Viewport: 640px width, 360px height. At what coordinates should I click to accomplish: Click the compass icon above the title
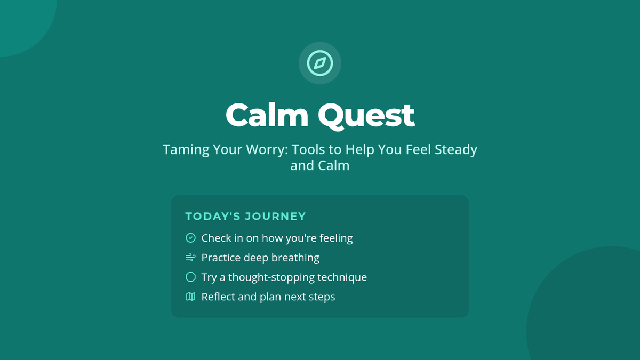click(x=320, y=63)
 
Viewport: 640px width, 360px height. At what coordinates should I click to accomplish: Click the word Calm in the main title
click(x=267, y=115)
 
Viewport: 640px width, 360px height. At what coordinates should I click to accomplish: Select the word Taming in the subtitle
click(x=186, y=150)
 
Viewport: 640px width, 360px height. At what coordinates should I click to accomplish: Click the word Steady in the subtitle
click(x=456, y=150)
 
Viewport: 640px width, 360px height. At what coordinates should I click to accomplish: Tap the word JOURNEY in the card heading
click(x=275, y=217)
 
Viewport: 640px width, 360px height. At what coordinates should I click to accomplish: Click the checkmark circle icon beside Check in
click(x=190, y=238)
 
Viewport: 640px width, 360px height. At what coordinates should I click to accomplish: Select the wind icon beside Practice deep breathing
click(x=190, y=258)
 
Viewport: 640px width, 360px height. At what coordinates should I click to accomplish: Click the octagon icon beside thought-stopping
click(x=190, y=277)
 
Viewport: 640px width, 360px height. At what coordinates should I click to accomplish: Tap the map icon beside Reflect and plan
click(x=190, y=297)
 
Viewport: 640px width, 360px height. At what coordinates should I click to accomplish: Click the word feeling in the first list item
click(x=336, y=238)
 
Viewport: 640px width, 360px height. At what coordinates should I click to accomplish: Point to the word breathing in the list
click(x=295, y=258)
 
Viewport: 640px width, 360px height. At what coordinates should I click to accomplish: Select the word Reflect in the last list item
click(x=218, y=297)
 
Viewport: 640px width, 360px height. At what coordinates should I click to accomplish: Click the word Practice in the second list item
click(x=221, y=258)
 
